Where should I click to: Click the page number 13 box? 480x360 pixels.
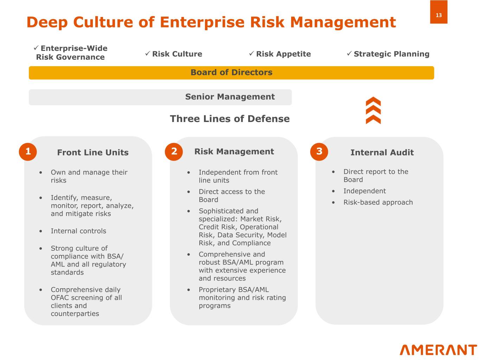click(x=439, y=12)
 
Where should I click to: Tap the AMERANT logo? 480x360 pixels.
click(x=438, y=350)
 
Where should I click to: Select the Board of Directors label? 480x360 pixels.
click(x=231, y=72)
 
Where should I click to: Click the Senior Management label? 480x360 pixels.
click(x=230, y=97)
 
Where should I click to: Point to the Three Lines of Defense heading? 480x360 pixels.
click(x=230, y=119)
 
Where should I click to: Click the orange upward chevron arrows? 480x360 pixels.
click(x=373, y=110)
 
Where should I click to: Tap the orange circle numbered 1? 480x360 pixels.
click(x=28, y=152)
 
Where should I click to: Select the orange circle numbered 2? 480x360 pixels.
click(x=174, y=152)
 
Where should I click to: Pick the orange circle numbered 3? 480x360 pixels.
click(x=319, y=152)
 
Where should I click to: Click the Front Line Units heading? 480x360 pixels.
click(x=93, y=152)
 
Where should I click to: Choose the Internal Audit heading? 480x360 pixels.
click(x=382, y=152)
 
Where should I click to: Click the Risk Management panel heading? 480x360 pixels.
click(x=234, y=152)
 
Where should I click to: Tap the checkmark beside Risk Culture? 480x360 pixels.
click(x=148, y=53)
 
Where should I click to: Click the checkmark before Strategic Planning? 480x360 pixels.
click(x=349, y=53)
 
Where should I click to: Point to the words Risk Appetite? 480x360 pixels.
click(x=283, y=54)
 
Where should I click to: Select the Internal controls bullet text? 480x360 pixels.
click(x=78, y=231)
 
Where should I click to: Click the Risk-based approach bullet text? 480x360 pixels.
click(x=378, y=202)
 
